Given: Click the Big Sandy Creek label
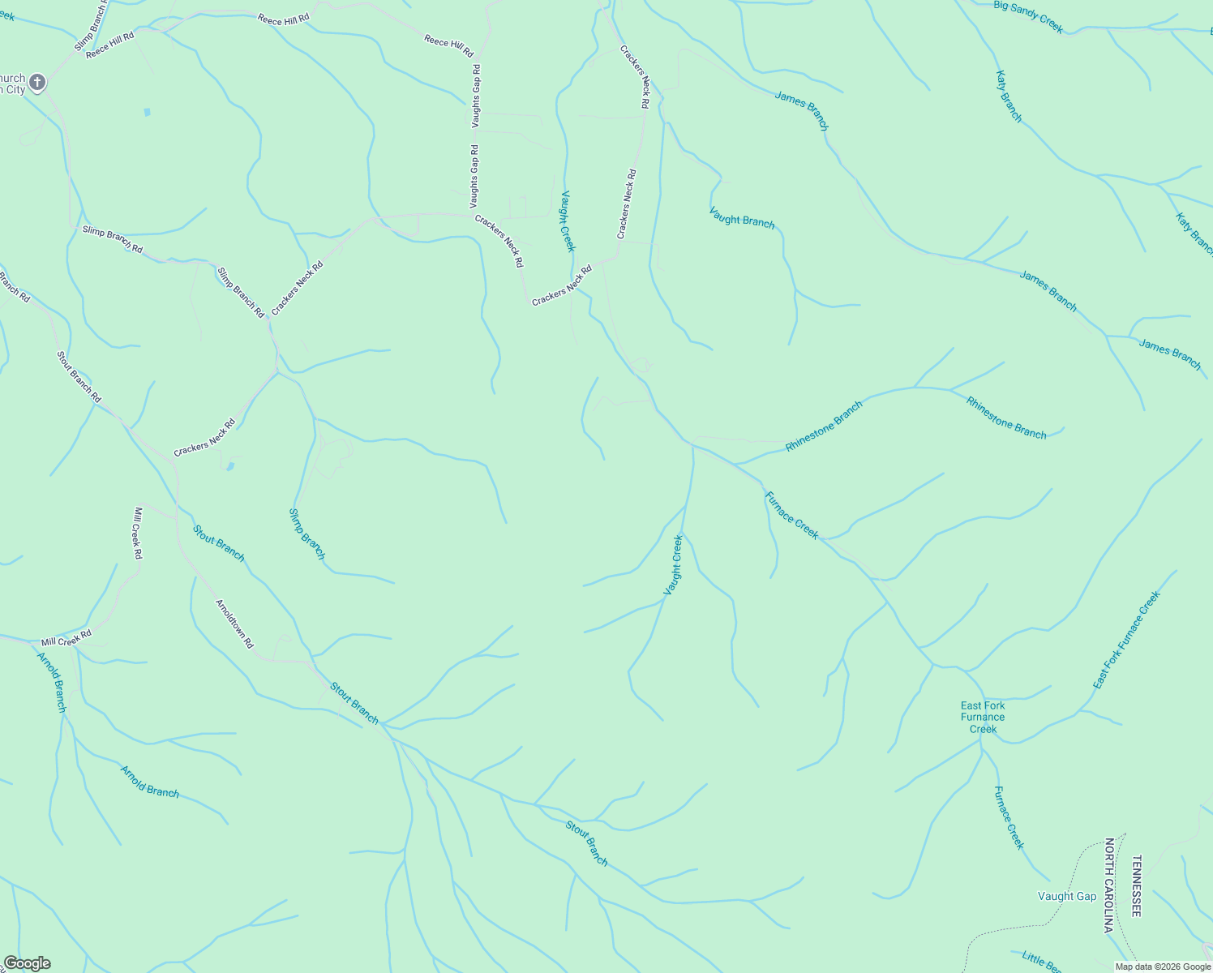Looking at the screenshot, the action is coord(1028,16).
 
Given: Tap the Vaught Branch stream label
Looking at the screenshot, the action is coord(742,217).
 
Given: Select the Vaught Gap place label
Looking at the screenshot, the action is coord(1067,896).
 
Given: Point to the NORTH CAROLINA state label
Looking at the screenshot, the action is coord(1109,885).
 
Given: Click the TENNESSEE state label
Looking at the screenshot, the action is coord(1137,885).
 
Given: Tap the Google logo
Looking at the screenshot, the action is coord(27,963).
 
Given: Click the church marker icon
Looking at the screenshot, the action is coord(36,83).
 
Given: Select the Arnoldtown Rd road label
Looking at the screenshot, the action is coord(234,624).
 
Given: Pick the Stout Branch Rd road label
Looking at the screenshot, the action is coord(79,376).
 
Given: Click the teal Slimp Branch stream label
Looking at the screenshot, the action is coord(307,534).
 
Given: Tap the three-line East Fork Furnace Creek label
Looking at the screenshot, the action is coord(983,718).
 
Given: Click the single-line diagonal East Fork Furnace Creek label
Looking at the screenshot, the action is coord(1127,640).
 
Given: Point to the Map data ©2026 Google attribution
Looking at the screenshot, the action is coord(1163,967).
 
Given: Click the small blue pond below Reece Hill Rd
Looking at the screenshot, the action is coord(147,112).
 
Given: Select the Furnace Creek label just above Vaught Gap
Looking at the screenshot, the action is coord(1009,817).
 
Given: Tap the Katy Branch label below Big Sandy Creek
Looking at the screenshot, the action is coord(1009,96).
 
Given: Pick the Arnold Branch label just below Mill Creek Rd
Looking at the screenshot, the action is coord(52,681).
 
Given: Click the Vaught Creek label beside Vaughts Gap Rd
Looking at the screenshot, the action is coord(568,221).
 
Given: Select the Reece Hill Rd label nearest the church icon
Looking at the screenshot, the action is coord(109,45).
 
